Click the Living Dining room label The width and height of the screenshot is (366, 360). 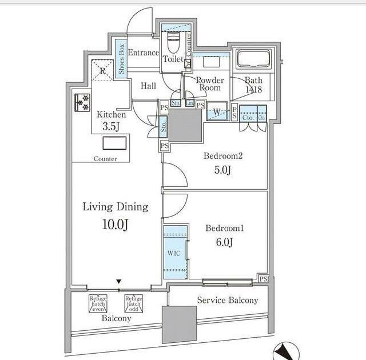tap(115, 206)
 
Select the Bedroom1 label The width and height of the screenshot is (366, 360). tap(225, 229)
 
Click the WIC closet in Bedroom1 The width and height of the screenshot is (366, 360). tap(175, 253)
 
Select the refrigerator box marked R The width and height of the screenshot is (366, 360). tap(102, 71)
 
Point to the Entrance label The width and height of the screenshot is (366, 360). tap(143, 53)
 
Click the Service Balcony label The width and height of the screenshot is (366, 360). tap(227, 300)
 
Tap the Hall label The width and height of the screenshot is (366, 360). tap(148, 86)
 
